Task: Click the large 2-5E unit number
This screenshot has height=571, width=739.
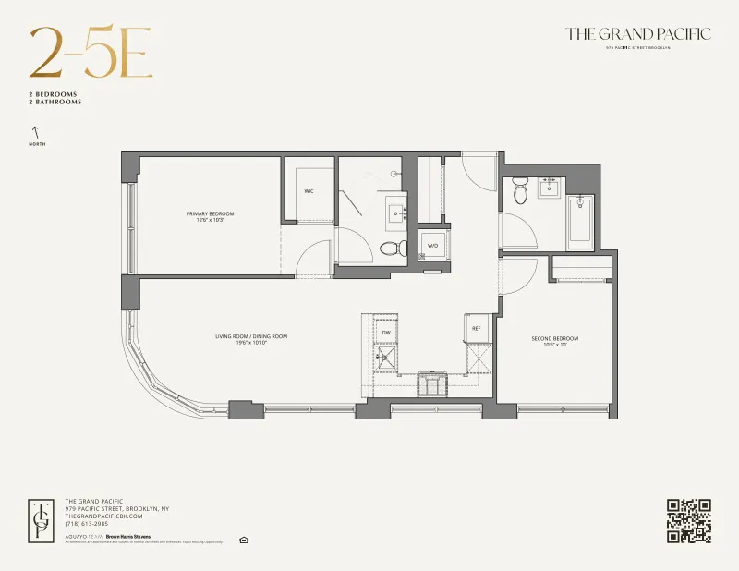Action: [x=90, y=55]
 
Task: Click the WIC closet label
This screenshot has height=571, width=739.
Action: [x=309, y=192]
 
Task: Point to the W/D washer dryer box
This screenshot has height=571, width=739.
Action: [x=432, y=246]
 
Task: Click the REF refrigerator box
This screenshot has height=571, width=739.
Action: [x=477, y=328]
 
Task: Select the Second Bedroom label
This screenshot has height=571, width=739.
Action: [x=555, y=341]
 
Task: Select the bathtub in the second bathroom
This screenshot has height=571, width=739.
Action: [x=580, y=222]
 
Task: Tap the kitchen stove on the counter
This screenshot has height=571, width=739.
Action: [x=431, y=383]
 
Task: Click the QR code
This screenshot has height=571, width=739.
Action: [x=688, y=520]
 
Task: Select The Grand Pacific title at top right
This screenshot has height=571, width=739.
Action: [x=638, y=34]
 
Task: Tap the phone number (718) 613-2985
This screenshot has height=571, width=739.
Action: [x=87, y=524]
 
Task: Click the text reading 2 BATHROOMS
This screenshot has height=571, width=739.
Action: [x=55, y=103]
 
